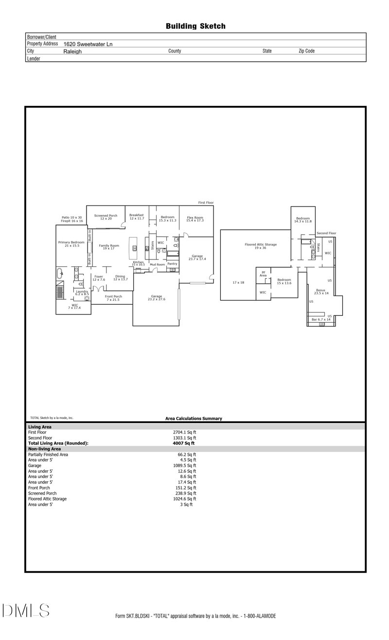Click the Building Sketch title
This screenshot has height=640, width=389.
pos(195,26)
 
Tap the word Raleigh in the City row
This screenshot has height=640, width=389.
pos(72,51)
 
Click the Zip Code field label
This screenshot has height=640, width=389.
pos(306,51)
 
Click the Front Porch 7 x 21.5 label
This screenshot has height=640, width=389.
pos(113,298)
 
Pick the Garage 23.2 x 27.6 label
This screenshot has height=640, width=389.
pos(156,297)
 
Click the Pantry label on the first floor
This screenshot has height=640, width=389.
pos(172,264)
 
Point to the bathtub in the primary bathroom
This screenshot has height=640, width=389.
pos(60,273)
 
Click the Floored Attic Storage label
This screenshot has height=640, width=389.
pos(261,246)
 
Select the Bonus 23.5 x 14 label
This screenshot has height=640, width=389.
pos(321,292)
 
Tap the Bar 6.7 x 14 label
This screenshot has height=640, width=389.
pos(321,320)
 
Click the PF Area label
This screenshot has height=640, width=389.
pos(263,274)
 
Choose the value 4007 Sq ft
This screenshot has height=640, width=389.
pos(184,443)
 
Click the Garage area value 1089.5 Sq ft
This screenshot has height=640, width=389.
pos(184,466)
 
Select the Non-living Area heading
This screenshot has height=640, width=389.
pos(44,449)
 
